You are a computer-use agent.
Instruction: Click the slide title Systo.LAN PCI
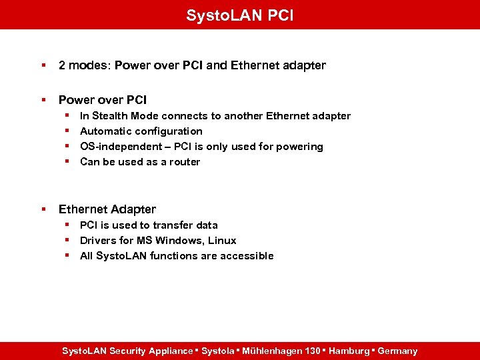[239, 15]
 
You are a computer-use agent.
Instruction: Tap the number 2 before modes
[62, 65]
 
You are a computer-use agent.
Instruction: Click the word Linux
[222, 241]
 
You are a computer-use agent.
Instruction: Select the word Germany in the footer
[397, 351]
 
